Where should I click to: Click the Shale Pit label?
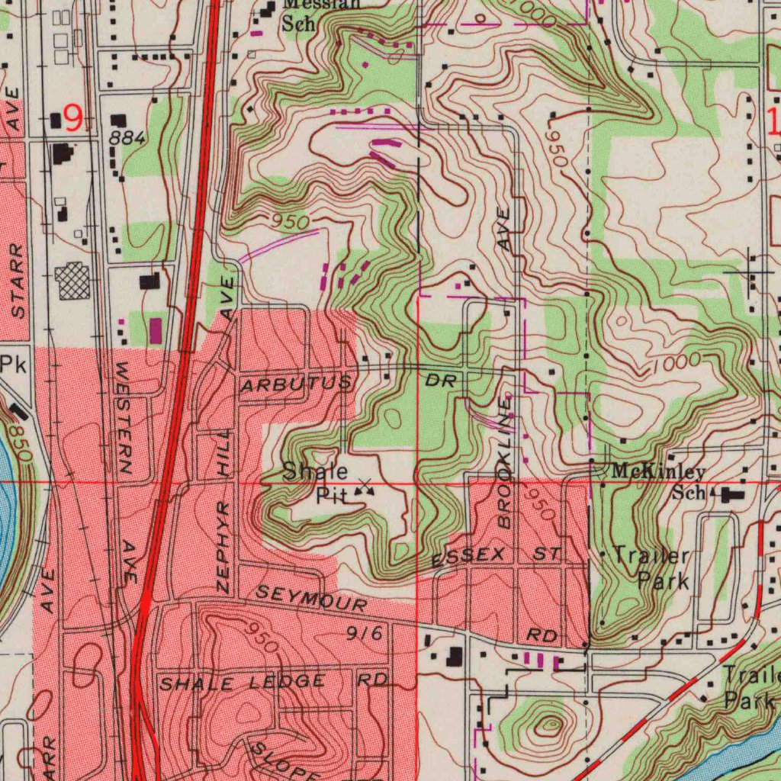click(x=316, y=484)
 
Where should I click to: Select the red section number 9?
click(x=73, y=118)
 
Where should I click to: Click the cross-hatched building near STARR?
click(x=73, y=281)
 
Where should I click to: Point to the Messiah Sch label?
click(x=320, y=14)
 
